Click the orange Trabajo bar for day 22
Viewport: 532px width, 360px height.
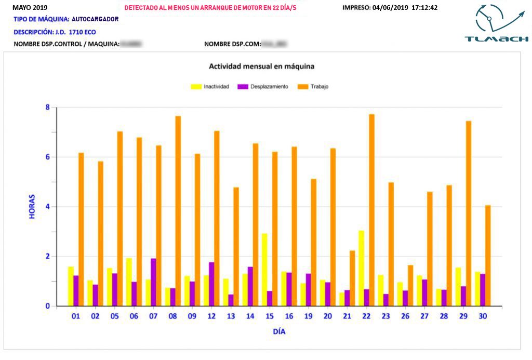coord(371,210)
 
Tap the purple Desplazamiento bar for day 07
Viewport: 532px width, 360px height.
coord(153,282)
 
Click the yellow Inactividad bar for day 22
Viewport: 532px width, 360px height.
coord(361,268)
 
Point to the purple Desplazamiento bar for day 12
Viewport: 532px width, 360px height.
coord(211,284)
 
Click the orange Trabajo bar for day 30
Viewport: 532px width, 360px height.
coord(488,256)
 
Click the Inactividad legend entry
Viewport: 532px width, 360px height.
coord(210,87)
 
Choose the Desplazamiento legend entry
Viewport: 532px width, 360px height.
coord(262,87)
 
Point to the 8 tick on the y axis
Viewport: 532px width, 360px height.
coord(47,108)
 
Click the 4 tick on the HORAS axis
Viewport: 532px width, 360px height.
coord(47,207)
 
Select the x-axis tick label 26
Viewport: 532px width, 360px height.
coord(405,315)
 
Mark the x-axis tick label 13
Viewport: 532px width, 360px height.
coord(231,315)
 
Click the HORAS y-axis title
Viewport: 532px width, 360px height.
coord(32,206)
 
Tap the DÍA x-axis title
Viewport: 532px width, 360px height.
coord(279,331)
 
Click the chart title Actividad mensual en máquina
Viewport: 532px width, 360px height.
coord(261,66)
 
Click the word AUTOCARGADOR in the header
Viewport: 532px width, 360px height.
coord(95,19)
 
